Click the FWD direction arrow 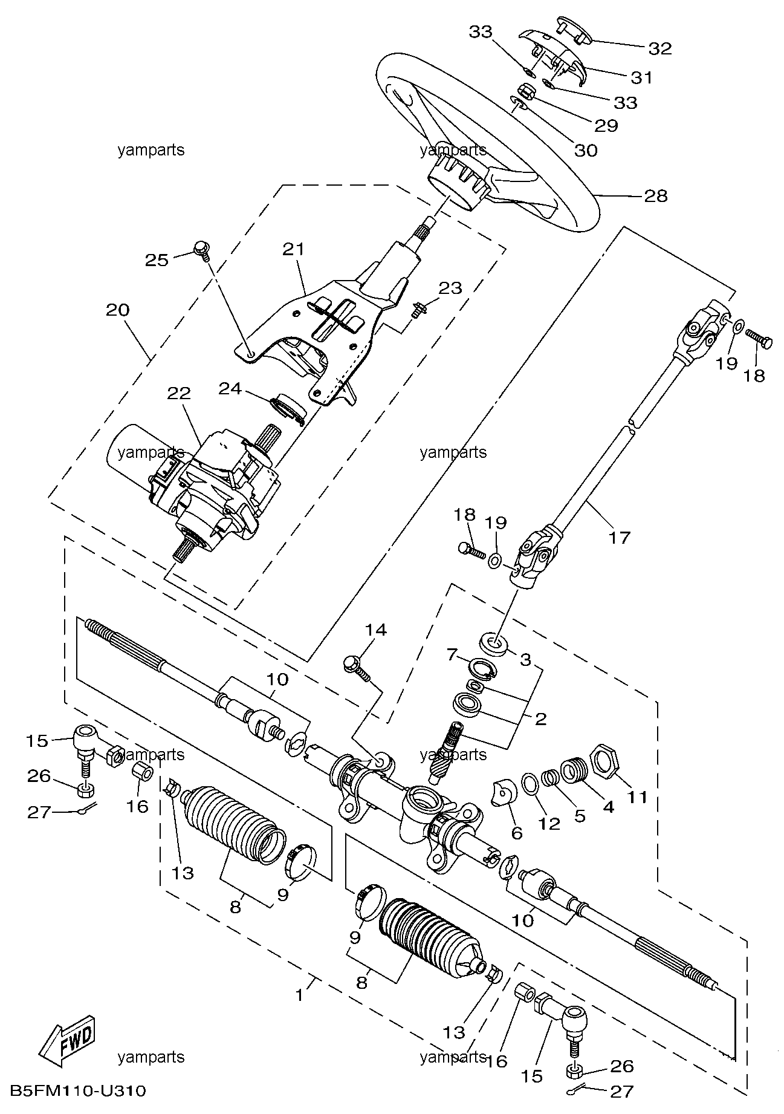(66, 1041)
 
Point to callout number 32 (660, 48)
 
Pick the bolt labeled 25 (202, 250)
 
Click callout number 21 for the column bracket (294, 249)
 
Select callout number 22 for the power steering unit (180, 393)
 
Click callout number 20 (118, 310)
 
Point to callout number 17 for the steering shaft (620, 536)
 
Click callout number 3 (525, 659)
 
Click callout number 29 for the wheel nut (607, 125)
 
